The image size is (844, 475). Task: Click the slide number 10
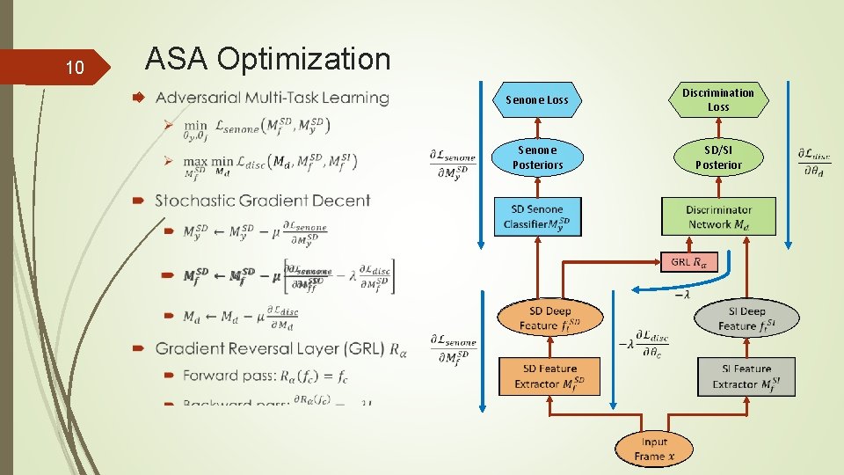75,68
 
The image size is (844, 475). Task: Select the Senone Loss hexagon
536,100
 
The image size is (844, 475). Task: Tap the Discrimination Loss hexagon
718,99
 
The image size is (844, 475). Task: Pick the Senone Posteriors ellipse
537,157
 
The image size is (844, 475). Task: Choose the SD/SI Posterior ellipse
718,157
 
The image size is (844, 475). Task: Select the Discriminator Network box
718,216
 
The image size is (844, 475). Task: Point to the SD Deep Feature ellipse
549,318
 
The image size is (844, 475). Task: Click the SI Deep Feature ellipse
746,318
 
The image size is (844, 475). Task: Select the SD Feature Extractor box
549,376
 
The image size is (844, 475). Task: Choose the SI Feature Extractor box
746,376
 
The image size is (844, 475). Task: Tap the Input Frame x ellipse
654,449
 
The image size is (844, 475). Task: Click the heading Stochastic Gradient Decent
263,201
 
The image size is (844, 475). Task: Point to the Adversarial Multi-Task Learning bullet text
272,98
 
